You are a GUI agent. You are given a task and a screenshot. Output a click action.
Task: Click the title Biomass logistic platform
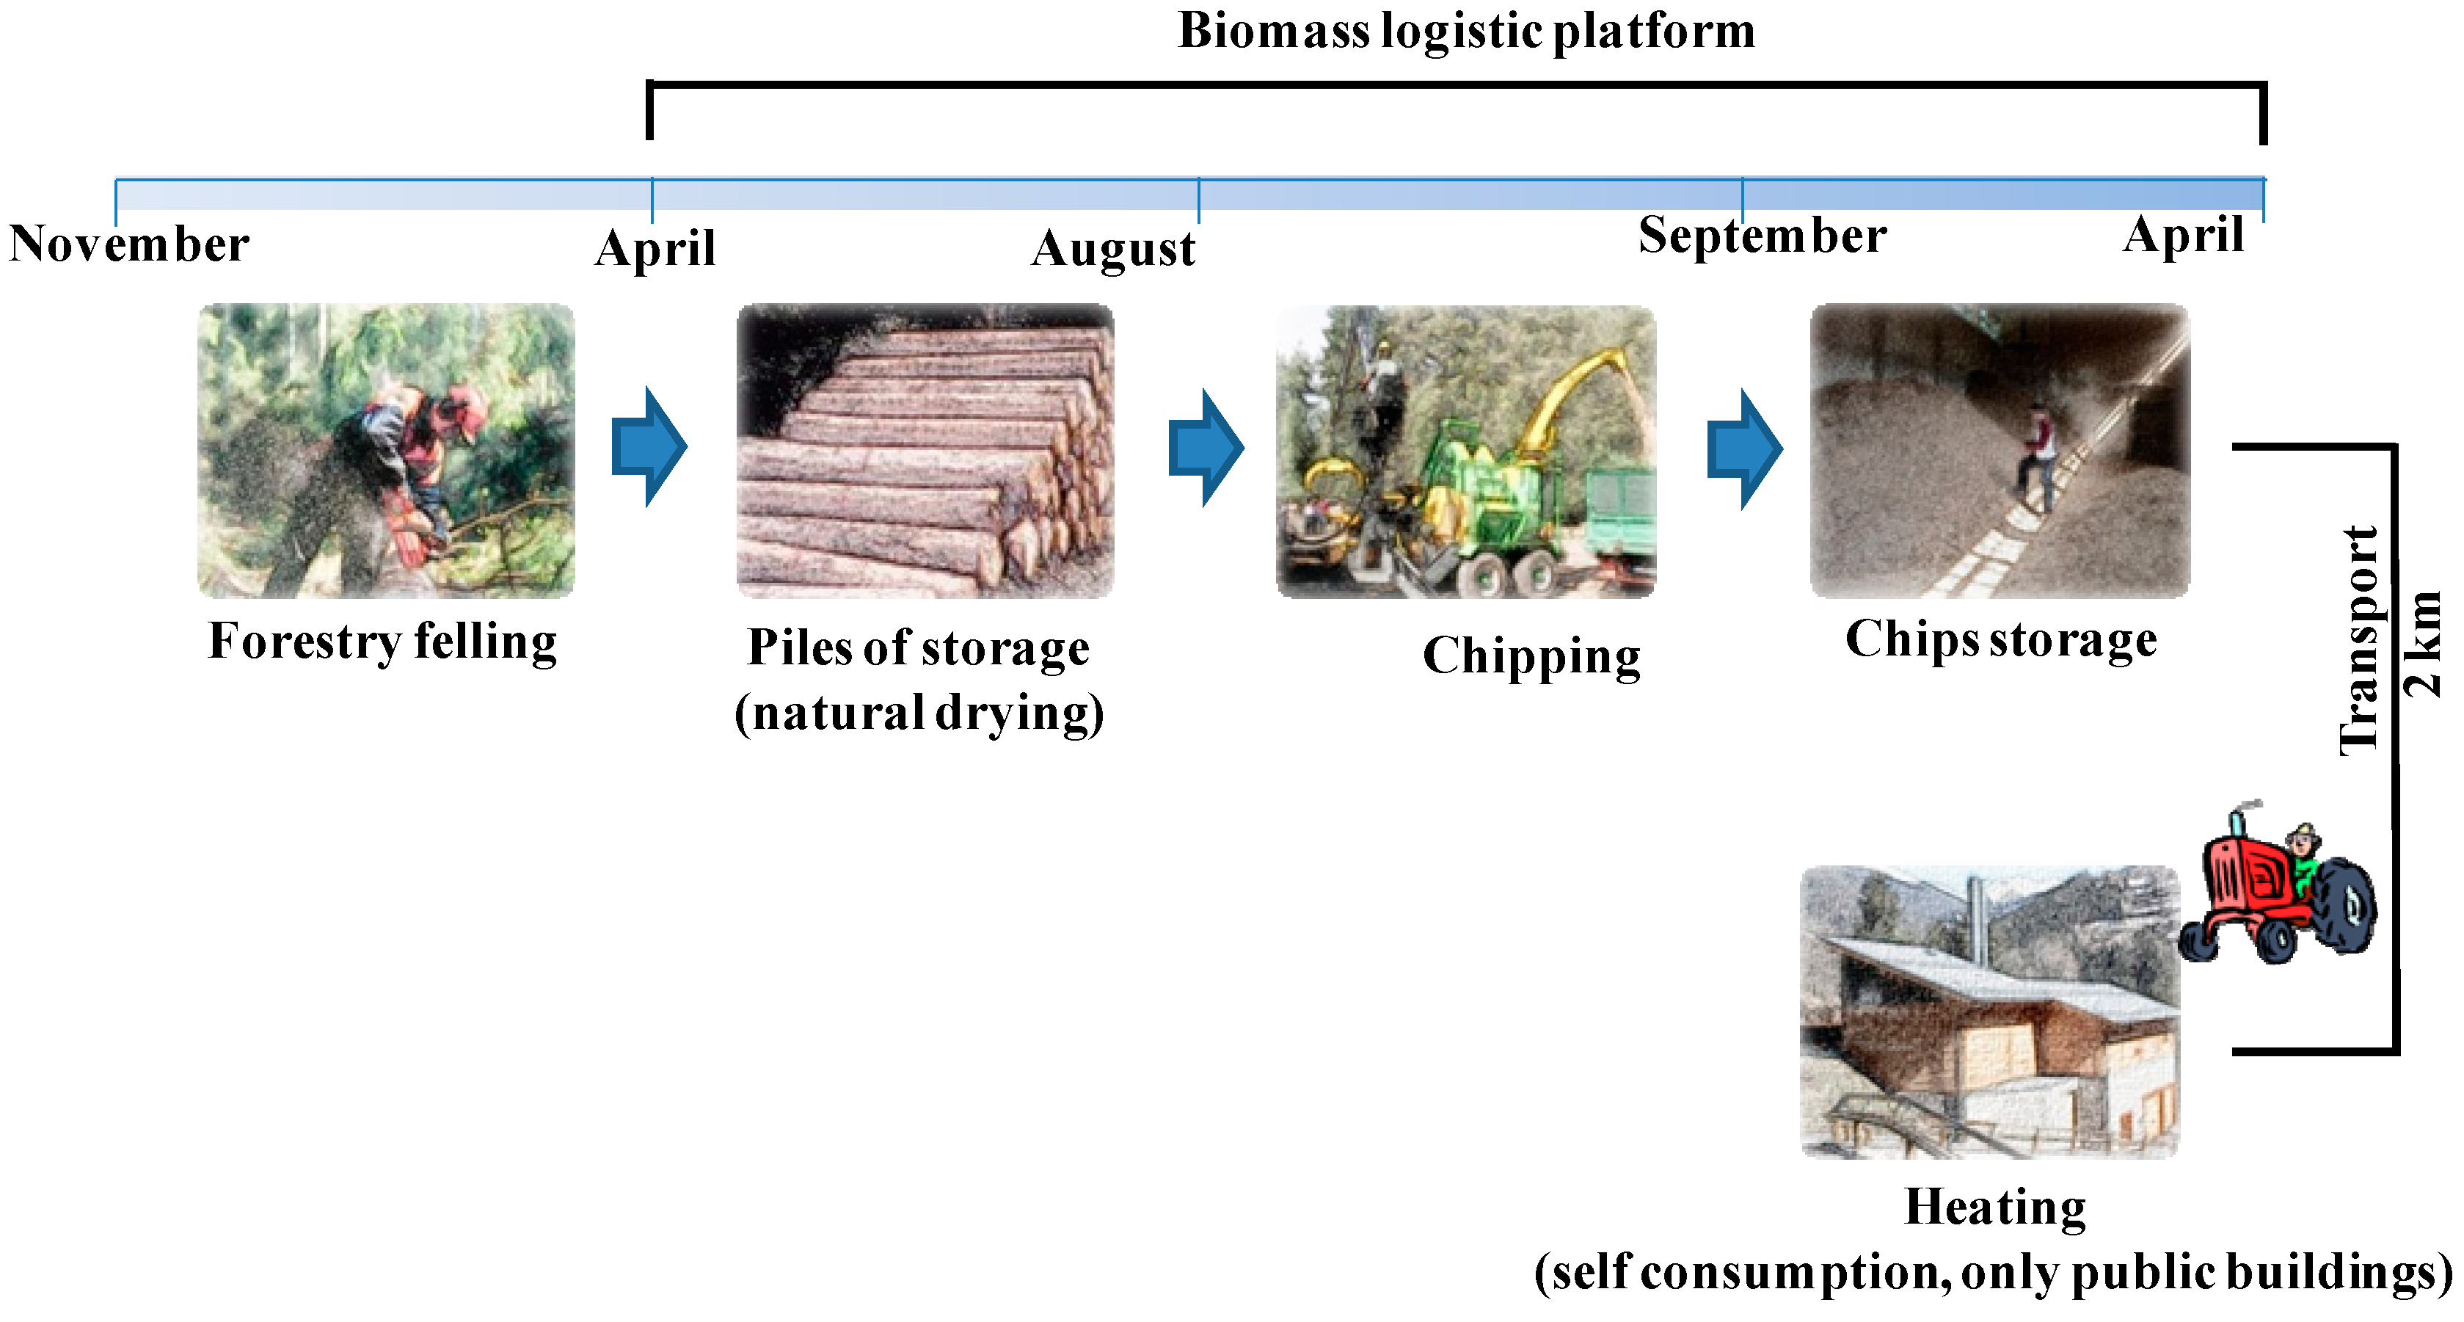(1465, 31)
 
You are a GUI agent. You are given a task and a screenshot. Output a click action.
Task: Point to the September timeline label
(1762, 236)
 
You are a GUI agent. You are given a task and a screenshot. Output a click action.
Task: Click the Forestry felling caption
(382, 641)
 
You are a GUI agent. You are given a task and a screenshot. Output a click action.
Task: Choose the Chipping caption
(1531, 657)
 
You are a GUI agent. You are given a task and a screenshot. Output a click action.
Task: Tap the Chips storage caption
(2000, 639)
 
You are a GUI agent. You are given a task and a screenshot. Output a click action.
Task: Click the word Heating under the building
(1995, 1207)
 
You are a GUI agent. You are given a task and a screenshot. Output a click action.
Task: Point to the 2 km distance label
(2422, 644)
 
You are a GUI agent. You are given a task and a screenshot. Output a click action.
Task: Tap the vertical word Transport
(2360, 641)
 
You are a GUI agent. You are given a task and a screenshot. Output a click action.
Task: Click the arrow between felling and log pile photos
(649, 447)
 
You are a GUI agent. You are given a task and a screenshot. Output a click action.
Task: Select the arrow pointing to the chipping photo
(1206, 447)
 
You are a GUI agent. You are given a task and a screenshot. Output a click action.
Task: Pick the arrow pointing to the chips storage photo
(1745, 448)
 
